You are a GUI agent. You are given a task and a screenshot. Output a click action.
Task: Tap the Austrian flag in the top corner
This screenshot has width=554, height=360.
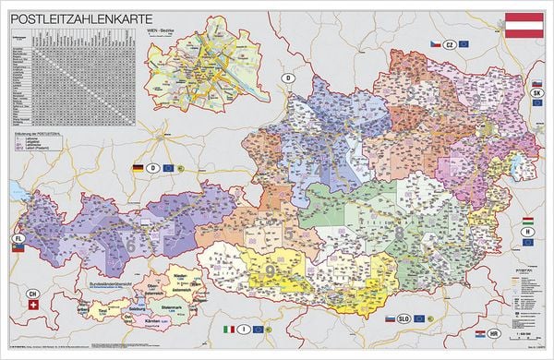pos(523,25)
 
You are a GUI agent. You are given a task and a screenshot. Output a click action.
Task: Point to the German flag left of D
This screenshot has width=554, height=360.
pos(139,168)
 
